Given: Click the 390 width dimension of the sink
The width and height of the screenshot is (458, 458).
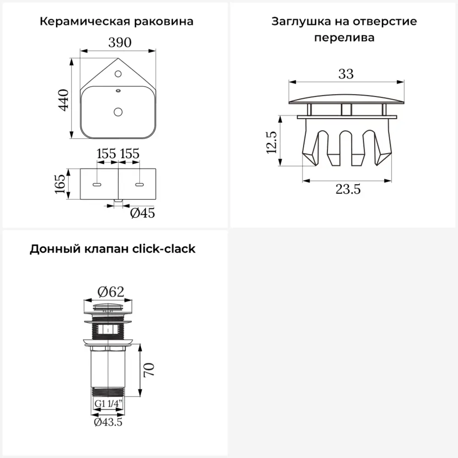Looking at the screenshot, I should pyautogui.click(x=120, y=43).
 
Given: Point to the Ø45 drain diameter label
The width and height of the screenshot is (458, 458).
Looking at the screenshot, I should pyautogui.click(x=142, y=213).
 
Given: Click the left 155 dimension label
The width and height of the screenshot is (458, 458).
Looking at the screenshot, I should pyautogui.click(x=106, y=153).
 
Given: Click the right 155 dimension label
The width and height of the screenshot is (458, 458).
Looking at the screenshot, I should pyautogui.click(x=130, y=153).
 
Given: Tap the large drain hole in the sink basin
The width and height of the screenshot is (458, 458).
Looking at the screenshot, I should pyautogui.click(x=119, y=111).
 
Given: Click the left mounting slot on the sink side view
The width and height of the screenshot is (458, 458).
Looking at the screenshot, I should pyautogui.click(x=97, y=185).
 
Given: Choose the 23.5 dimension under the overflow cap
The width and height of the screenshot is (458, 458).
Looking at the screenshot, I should pyautogui.click(x=348, y=189).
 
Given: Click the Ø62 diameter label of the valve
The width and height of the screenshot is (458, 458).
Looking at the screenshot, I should pyautogui.click(x=111, y=291).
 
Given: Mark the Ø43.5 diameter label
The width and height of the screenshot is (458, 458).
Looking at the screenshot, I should pyautogui.click(x=108, y=423).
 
